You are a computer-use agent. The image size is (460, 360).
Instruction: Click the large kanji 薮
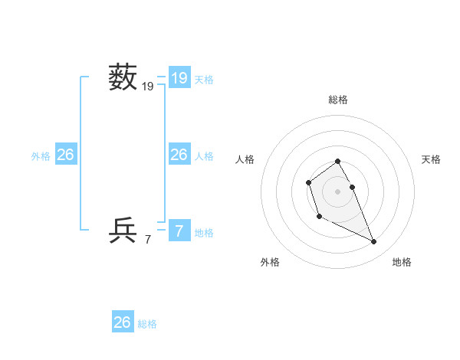(x=123, y=77)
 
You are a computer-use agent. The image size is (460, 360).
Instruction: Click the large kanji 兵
(x=123, y=230)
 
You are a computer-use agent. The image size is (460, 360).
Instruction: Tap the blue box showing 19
(x=179, y=77)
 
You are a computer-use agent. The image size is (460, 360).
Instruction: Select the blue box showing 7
(x=179, y=231)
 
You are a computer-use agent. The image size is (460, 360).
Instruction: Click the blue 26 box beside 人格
(x=179, y=155)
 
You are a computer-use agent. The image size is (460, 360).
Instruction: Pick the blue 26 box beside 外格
(x=65, y=155)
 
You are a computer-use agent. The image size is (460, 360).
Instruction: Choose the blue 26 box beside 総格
(x=123, y=322)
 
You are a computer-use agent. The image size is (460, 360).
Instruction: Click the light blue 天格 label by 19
(x=204, y=79)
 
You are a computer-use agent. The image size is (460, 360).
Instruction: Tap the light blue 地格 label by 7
(x=204, y=233)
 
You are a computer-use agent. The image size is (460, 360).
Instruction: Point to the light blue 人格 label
(x=204, y=156)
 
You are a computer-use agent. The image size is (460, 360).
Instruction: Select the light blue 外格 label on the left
(x=41, y=156)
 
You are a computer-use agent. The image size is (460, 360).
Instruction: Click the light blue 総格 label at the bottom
(x=147, y=324)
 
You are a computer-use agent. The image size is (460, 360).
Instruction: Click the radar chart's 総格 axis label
(x=338, y=100)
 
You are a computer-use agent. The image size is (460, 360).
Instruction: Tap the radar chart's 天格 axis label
(x=431, y=159)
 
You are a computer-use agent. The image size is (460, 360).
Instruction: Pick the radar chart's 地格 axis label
(x=402, y=262)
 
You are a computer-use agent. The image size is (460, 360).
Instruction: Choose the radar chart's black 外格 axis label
(x=270, y=262)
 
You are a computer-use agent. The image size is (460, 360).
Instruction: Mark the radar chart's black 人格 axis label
(x=245, y=159)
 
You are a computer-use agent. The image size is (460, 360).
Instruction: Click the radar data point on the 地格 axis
(x=374, y=242)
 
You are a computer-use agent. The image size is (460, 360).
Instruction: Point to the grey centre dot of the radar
(x=338, y=191)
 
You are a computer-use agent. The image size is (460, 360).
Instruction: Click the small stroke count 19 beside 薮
(x=148, y=87)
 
